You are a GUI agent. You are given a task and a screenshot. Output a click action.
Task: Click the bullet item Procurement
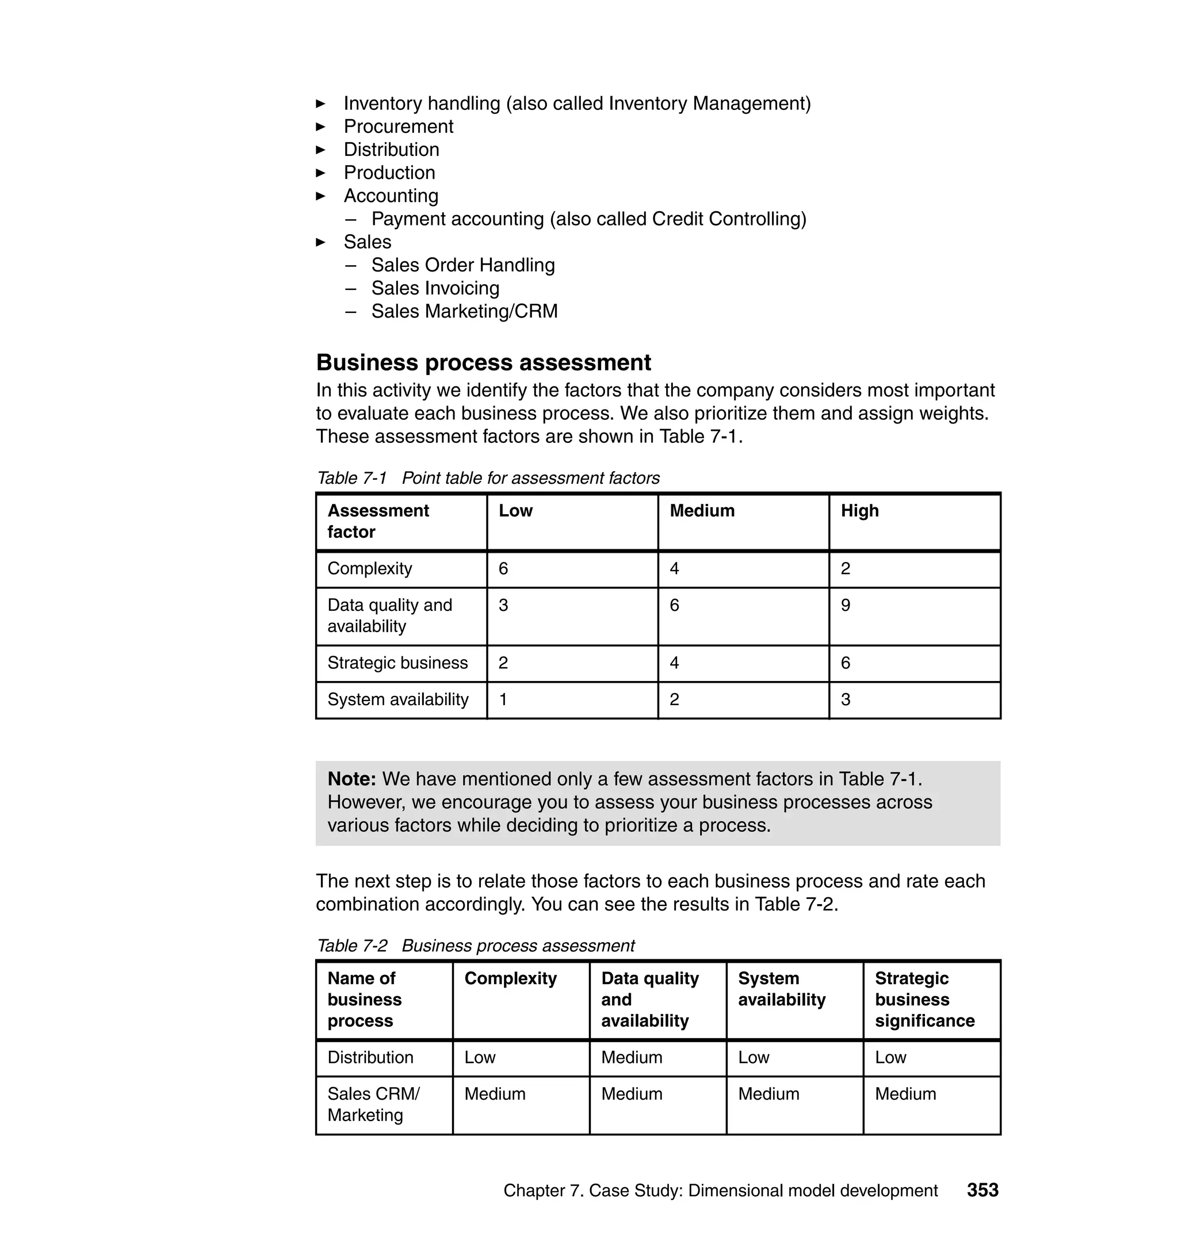point(398,126)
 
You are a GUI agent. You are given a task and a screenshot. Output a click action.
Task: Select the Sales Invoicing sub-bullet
point(435,288)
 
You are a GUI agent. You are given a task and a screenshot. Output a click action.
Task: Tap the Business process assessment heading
point(483,362)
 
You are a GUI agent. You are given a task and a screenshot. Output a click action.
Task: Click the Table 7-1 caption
point(488,478)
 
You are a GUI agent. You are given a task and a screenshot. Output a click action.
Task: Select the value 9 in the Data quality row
point(846,605)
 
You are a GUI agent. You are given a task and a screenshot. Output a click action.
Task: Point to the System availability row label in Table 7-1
point(398,699)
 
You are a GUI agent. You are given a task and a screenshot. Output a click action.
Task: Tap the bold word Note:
point(351,779)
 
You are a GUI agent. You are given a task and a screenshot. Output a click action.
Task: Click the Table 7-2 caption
point(475,946)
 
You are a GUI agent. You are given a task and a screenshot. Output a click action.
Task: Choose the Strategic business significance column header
point(924,1000)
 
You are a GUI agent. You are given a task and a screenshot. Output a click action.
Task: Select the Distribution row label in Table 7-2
point(370,1057)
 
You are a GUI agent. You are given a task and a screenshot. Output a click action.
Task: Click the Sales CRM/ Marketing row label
point(373,1104)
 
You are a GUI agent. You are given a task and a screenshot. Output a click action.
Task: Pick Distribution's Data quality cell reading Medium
point(632,1057)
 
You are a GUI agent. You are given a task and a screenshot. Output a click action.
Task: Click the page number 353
point(982,1190)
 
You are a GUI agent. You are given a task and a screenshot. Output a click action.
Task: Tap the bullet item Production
point(389,173)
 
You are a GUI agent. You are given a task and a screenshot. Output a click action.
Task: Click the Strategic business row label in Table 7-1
point(397,663)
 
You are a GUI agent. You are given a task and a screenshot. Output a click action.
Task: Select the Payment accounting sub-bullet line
point(588,219)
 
